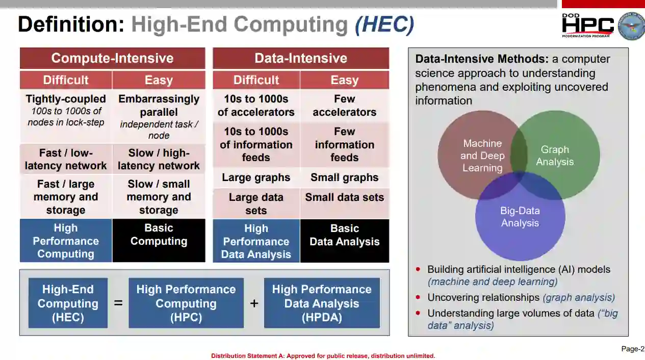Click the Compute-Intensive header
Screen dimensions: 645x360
click(x=113, y=58)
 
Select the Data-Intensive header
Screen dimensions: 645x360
click(x=301, y=58)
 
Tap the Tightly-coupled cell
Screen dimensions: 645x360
click(x=66, y=116)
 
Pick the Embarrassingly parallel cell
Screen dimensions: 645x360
click(x=159, y=116)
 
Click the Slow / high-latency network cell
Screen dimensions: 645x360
click(x=159, y=159)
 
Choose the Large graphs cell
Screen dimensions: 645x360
click(x=256, y=177)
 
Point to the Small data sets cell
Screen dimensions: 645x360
click(x=345, y=203)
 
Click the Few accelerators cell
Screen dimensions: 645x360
click(x=345, y=106)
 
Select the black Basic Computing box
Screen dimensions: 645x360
click(x=159, y=241)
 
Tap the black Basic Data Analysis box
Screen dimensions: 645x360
click(x=345, y=241)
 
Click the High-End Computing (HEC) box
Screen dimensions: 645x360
click(x=68, y=303)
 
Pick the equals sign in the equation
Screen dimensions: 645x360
click(x=118, y=303)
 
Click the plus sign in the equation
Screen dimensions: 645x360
click(x=254, y=303)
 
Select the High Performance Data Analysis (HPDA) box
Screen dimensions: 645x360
click(x=322, y=303)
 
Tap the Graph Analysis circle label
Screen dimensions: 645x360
click(x=555, y=156)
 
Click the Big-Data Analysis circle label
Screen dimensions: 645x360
click(x=520, y=217)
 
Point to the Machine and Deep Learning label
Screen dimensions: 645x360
click(x=482, y=156)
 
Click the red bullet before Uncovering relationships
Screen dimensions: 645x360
click(x=418, y=297)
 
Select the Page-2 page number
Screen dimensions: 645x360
click(x=633, y=349)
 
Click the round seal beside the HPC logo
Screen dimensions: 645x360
click(x=631, y=25)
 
